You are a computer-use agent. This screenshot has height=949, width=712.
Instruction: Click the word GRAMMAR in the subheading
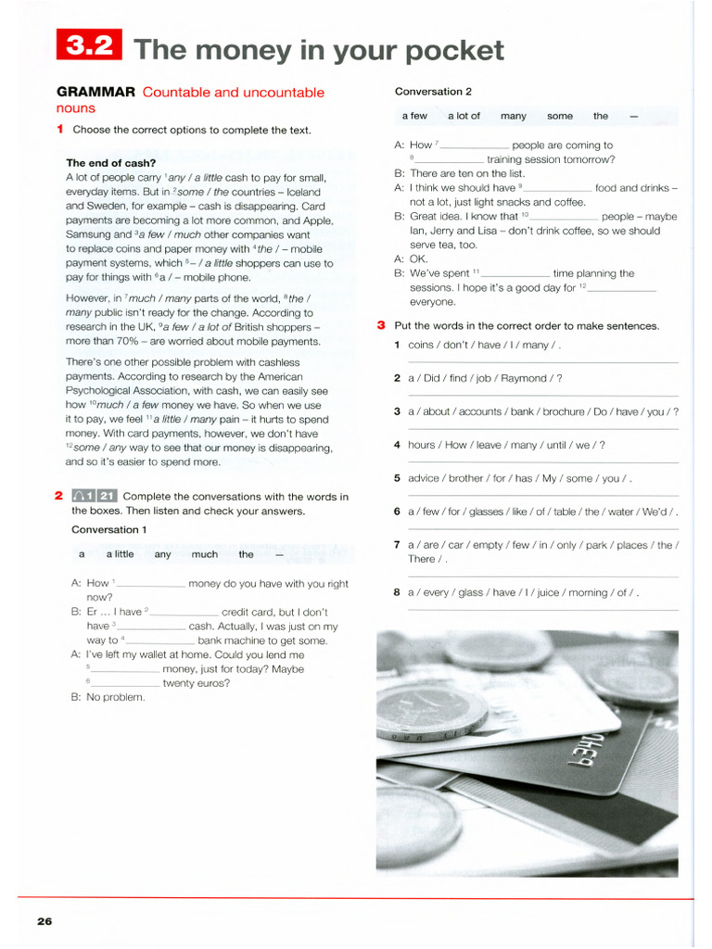[x=96, y=92]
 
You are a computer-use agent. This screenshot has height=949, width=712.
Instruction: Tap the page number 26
[x=44, y=920]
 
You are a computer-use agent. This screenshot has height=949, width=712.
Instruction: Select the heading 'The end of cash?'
[x=110, y=163]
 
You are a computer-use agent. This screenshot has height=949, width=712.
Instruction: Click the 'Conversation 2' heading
[x=433, y=92]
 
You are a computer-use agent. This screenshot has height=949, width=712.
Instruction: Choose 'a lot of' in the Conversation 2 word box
[x=464, y=116]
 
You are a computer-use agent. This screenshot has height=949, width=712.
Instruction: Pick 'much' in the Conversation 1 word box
[x=205, y=554]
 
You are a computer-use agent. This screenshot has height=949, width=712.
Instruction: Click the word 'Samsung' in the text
[x=89, y=234]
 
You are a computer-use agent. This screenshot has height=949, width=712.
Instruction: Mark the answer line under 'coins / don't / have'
[x=542, y=361]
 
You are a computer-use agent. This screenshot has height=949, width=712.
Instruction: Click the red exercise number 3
[x=381, y=325]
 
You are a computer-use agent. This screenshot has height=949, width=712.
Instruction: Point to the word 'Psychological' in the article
[x=103, y=391]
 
